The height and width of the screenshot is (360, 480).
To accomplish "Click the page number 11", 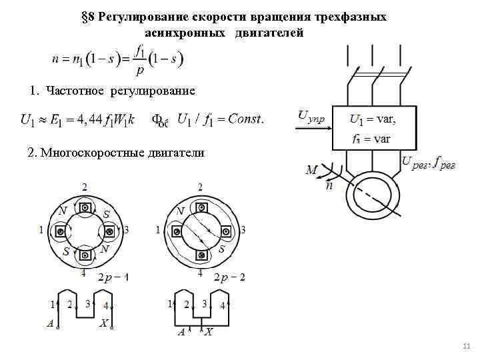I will tap(467, 345).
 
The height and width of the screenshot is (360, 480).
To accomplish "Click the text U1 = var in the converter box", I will tap(373, 120).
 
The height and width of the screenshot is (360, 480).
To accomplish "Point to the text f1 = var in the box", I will tap(371, 139).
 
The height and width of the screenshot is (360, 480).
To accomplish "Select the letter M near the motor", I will tap(311, 171).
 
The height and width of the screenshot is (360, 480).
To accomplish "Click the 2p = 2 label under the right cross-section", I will tap(229, 277).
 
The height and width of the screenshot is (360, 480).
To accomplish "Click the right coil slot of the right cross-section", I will tap(227, 231).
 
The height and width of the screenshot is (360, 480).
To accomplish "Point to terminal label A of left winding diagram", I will tap(50, 324).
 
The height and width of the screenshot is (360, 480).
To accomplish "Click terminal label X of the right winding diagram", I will tap(209, 331).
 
